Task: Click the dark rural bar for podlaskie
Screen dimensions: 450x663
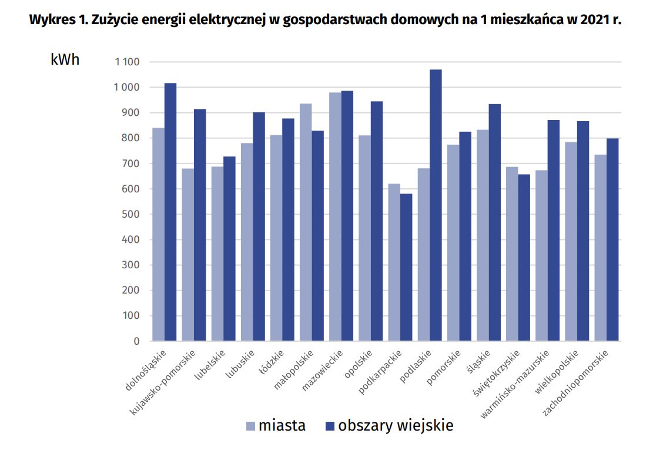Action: pos(436,205)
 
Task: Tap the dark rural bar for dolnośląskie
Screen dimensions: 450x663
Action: pos(170,212)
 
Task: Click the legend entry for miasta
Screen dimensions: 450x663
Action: pos(275,425)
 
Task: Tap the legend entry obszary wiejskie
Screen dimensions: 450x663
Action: pos(389,425)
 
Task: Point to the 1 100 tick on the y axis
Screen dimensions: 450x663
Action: pos(127,62)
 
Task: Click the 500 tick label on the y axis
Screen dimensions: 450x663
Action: pos(131,214)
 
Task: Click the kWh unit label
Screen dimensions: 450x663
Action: pos(65,60)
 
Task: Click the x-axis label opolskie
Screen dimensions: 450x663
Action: pos(359,364)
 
